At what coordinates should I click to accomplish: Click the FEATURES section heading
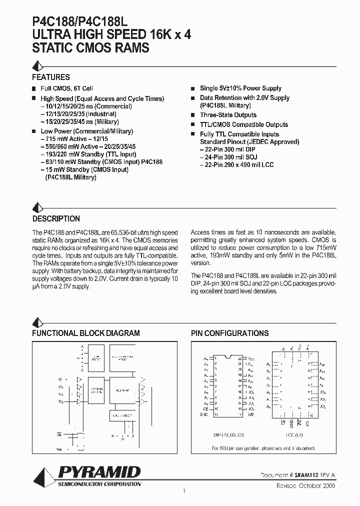click(x=51, y=77)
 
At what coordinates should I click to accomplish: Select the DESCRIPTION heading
click(x=56, y=219)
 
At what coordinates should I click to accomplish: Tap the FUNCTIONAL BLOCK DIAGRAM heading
click(x=86, y=333)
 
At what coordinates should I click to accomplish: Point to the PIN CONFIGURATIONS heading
click(x=229, y=333)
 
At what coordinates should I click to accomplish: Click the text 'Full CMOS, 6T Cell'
click(x=66, y=88)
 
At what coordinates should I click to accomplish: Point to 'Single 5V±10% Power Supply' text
click(x=240, y=88)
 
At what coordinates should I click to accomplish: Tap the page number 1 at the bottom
click(x=184, y=491)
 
